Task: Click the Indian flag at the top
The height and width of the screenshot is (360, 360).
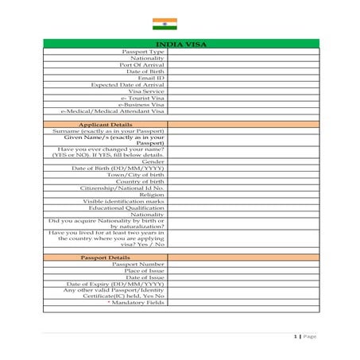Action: pyautogui.click(x=165, y=23)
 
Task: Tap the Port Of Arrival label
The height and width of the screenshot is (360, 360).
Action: pyautogui.click(x=142, y=65)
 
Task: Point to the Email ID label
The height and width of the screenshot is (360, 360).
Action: pyautogui.click(x=151, y=78)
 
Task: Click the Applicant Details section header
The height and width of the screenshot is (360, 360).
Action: pyautogui.click(x=106, y=124)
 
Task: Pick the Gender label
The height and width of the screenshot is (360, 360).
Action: pyautogui.click(x=153, y=161)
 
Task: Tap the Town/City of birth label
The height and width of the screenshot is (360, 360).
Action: pyautogui.click(x=136, y=175)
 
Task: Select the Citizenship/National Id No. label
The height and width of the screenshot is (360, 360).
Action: pyautogui.click(x=122, y=188)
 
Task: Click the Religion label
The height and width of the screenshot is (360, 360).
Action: pyautogui.click(x=152, y=194)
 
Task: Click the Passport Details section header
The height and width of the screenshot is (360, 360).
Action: pyautogui.click(x=106, y=257)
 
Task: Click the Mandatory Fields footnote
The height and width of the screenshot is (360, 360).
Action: pyautogui.click(x=136, y=303)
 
